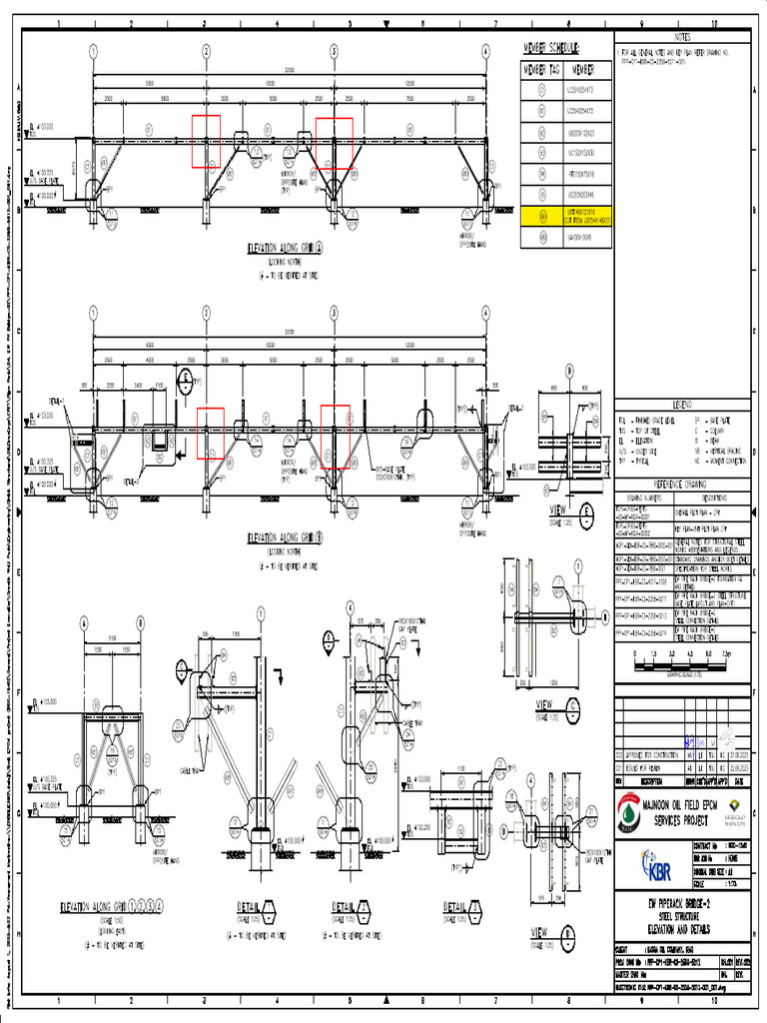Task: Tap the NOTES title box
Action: pyautogui.click(x=681, y=37)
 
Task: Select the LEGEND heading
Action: pyautogui.click(x=681, y=403)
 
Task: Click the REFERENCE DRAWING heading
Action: pyautogui.click(x=681, y=484)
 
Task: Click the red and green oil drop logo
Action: pyautogui.click(x=627, y=812)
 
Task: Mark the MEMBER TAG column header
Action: pyautogui.click(x=541, y=70)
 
